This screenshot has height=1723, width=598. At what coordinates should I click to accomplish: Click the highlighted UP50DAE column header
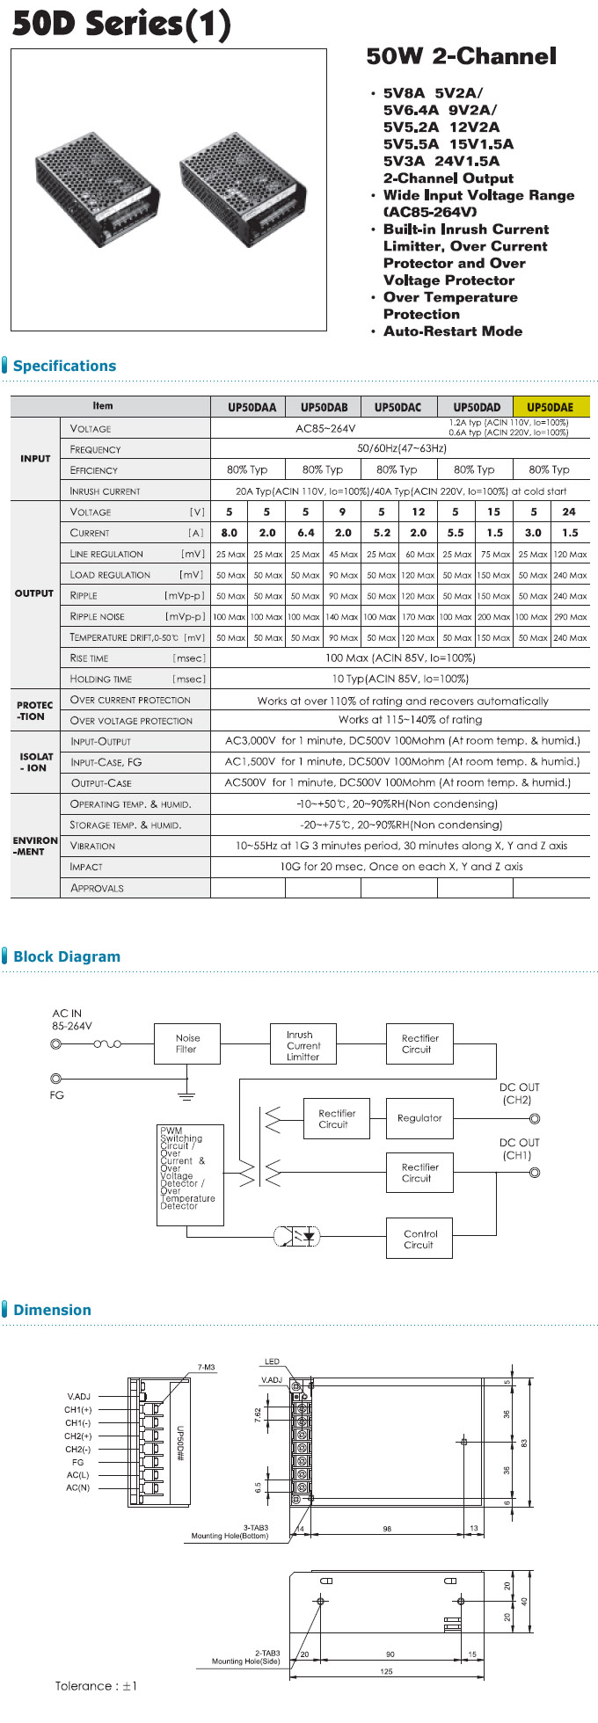550,407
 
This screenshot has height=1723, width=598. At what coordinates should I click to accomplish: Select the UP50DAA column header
252,407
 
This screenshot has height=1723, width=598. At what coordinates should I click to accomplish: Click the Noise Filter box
187,1043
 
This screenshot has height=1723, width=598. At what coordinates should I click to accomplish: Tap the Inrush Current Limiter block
303,1045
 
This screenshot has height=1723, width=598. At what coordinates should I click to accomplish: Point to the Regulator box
419,1118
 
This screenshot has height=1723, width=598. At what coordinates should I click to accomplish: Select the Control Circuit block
419,1239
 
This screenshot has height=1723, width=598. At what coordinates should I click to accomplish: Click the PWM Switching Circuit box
190,1174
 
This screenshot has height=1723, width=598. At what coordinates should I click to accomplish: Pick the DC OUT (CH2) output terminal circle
535,1119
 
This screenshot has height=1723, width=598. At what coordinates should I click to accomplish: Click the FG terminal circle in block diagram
56,1079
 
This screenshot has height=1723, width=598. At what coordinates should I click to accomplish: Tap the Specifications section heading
64,367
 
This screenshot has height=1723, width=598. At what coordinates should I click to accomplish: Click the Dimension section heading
52,1310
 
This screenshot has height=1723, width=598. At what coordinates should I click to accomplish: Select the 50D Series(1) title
121,24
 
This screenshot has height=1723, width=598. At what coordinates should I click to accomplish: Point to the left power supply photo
97,189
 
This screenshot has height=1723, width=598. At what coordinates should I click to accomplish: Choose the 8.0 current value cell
230,533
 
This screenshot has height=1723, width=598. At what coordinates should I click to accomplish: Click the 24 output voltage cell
570,512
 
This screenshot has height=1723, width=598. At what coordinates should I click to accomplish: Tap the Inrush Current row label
105,491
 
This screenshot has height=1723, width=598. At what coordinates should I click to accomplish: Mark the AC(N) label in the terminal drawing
77,1488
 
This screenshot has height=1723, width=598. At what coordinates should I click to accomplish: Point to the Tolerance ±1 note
96,1685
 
